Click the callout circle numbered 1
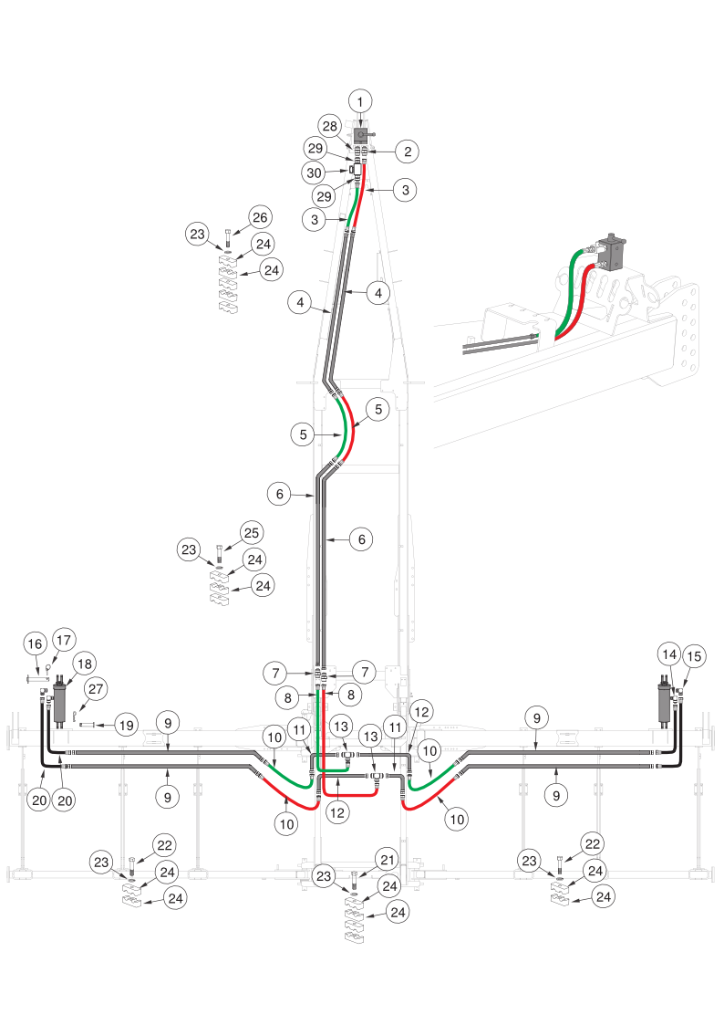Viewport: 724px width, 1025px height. point(359,101)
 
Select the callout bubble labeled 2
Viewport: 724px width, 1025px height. point(408,152)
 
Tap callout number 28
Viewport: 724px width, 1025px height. point(330,126)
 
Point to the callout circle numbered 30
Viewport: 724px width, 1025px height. point(314,173)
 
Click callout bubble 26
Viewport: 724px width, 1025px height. point(260,217)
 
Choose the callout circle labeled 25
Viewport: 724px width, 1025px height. point(252,533)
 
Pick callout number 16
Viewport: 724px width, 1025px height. point(36,643)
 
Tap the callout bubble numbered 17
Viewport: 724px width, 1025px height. point(63,640)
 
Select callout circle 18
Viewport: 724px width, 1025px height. point(84,664)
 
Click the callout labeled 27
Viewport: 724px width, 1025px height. point(96,689)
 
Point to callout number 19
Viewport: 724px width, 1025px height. point(126,725)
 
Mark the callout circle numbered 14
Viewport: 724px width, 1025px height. point(669,654)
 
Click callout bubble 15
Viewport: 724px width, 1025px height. point(694,656)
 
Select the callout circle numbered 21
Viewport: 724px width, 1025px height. point(388,861)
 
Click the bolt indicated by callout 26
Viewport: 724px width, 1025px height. point(227,237)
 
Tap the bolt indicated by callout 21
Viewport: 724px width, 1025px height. point(354,879)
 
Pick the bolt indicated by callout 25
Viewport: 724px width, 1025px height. point(220,554)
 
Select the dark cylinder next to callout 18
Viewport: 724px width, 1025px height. point(61,701)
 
